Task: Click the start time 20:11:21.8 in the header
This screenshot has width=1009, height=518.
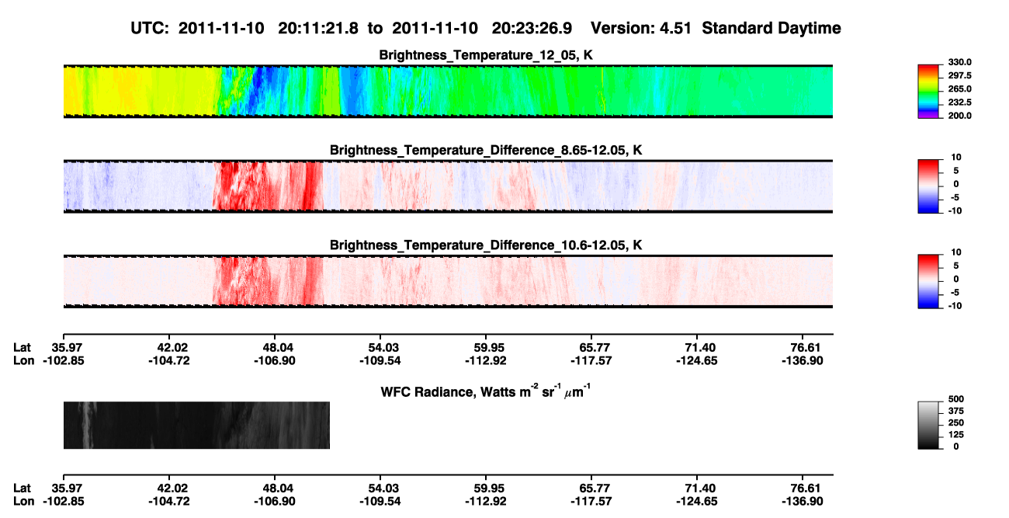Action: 318,29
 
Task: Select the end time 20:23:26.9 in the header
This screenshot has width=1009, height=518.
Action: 532,29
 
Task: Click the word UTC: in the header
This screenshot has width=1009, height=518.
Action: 150,29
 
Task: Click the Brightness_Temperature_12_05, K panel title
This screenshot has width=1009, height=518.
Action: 486,55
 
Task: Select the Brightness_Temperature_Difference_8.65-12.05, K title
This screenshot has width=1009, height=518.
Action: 486,151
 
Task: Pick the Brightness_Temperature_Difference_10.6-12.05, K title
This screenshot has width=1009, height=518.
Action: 486,245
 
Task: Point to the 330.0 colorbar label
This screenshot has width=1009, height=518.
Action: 959,62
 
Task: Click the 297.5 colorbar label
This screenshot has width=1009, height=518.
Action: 959,75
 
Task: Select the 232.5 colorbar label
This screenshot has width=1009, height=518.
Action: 959,103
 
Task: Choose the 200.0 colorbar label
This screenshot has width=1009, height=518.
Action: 959,116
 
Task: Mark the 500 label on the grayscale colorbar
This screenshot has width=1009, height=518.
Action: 956,399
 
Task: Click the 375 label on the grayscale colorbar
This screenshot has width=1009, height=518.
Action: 956,411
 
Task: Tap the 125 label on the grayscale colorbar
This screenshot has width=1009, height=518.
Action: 956,435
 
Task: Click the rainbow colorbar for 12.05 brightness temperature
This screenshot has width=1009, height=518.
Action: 928,92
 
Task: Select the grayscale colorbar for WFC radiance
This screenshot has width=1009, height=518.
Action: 928,426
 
